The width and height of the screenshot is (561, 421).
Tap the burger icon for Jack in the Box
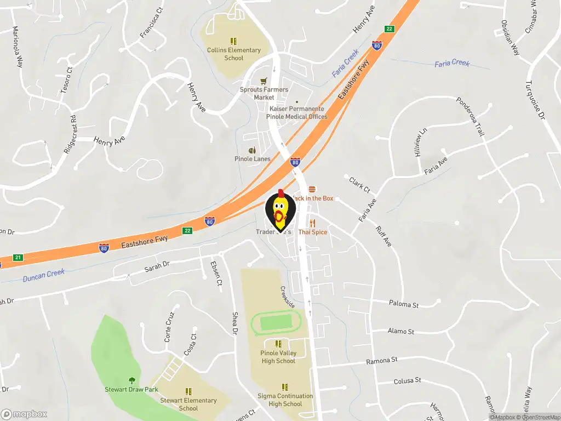(x=312, y=189)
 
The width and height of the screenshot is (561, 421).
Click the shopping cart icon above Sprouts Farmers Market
(x=264, y=81)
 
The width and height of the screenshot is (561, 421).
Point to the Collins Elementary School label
(x=234, y=54)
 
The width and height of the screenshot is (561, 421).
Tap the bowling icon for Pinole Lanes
(x=253, y=150)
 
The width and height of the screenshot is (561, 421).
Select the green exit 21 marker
(x=18, y=258)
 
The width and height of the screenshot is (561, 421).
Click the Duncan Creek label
(x=44, y=275)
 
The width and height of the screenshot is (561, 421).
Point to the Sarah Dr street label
(x=157, y=267)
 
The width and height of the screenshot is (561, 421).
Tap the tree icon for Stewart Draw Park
(x=131, y=380)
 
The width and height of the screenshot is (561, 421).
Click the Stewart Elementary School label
(x=188, y=404)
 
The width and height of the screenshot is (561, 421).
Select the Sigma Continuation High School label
(x=285, y=400)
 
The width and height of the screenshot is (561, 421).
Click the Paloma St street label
(x=403, y=304)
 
